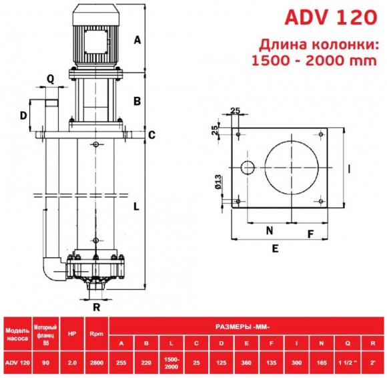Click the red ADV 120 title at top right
point(331,18)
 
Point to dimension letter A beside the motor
point(137,39)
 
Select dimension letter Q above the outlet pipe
point(51,78)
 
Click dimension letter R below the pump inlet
point(97,308)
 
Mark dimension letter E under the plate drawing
point(275,247)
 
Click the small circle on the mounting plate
point(247,167)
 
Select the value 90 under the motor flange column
point(45,363)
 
